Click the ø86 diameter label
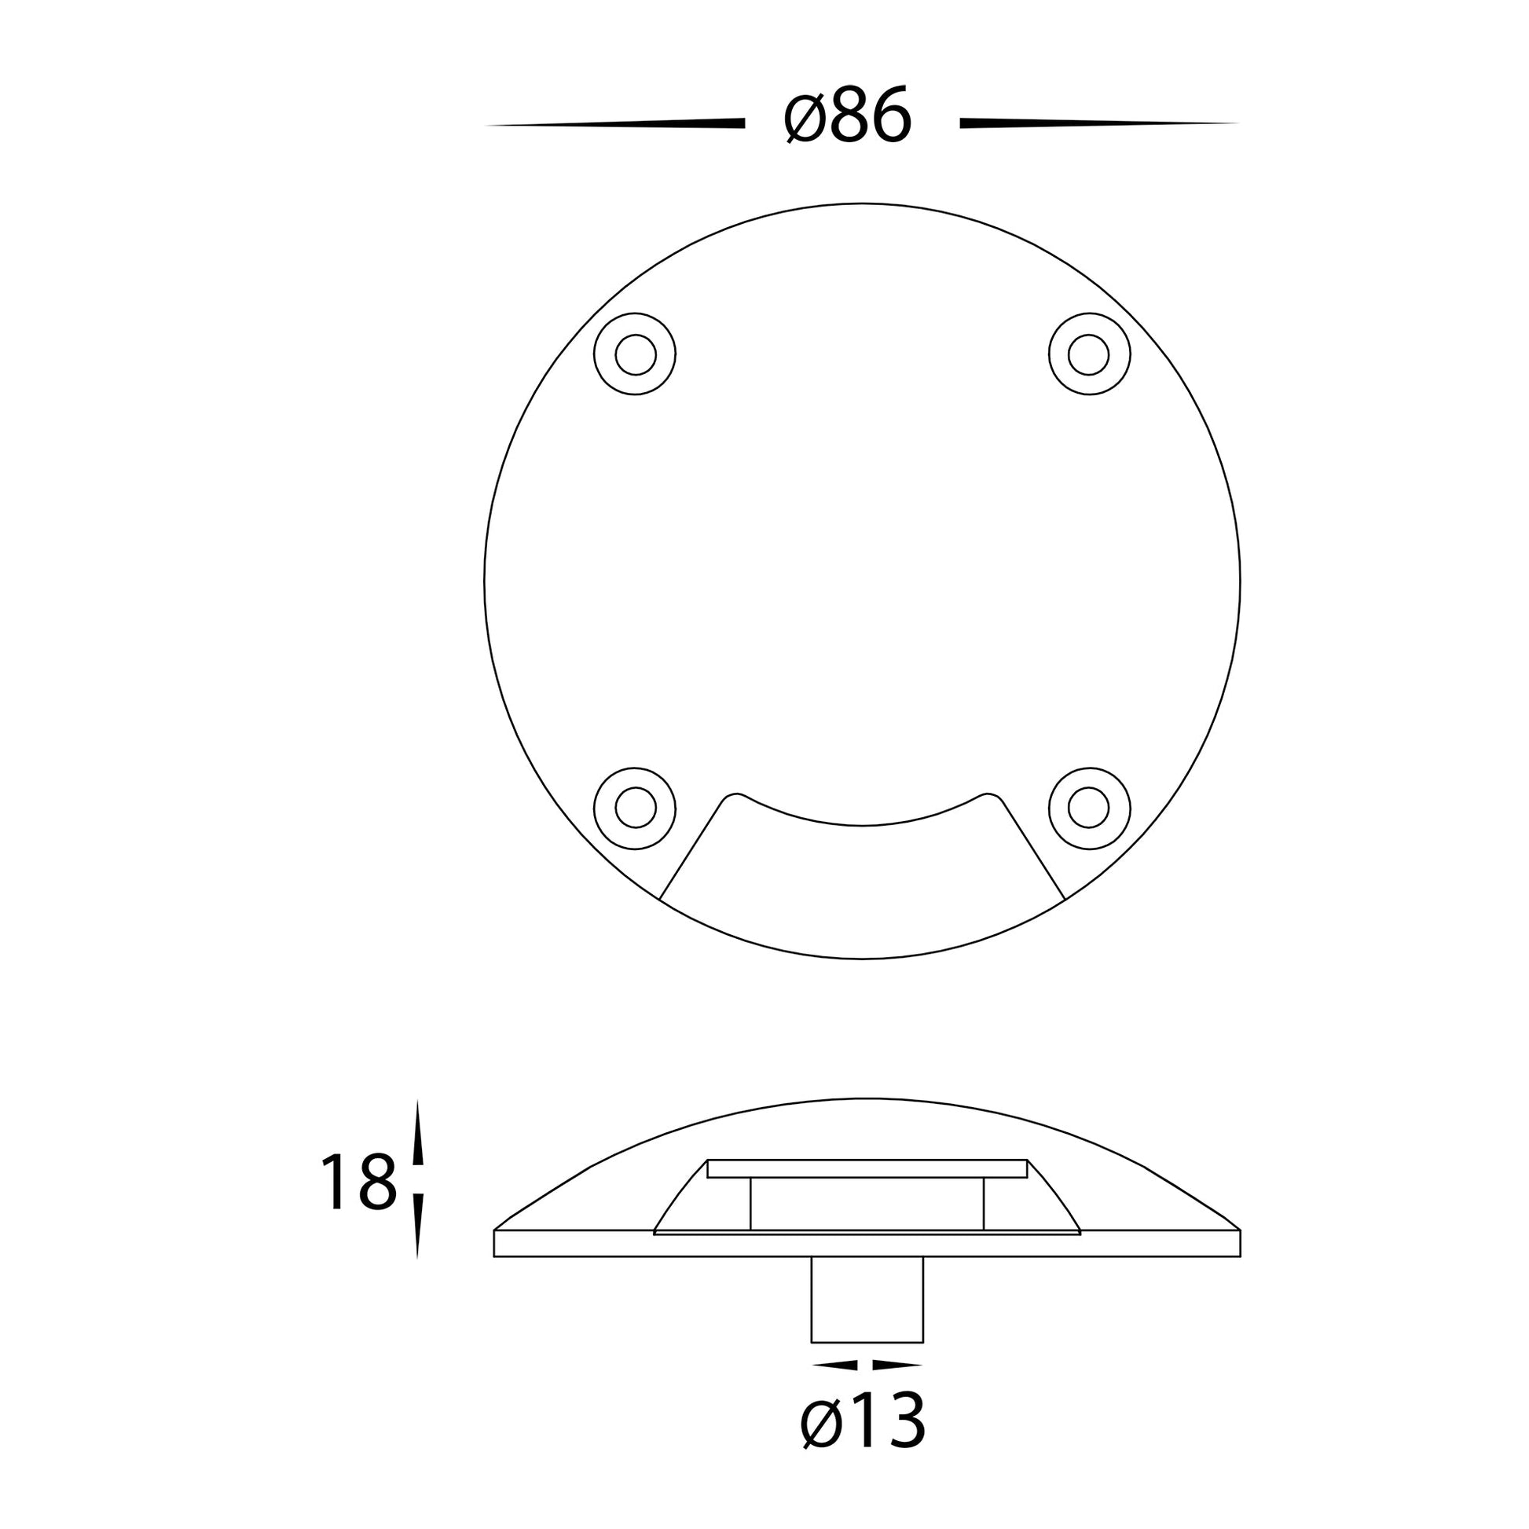pos(849,117)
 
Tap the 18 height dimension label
pos(358,1182)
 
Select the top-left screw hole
pos(635,354)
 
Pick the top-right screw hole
pos(1089,354)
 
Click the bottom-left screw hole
pos(635,808)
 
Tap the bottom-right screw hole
pos(1089,808)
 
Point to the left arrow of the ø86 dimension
pos(615,123)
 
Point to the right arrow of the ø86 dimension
pos(1098,123)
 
